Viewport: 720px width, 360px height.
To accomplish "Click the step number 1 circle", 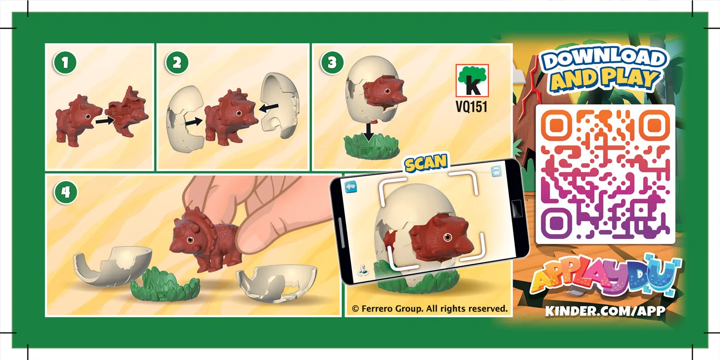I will pyautogui.click(x=65, y=63).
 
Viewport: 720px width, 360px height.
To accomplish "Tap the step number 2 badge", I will pyautogui.click(x=177, y=63).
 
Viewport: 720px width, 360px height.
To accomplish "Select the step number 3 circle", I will pyautogui.click(x=332, y=63).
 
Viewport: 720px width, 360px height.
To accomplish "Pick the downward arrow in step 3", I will pyautogui.click(x=368, y=131).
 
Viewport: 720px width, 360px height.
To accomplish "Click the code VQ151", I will pyautogui.click(x=471, y=107).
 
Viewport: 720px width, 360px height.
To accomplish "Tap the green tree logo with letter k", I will pyautogui.click(x=472, y=80).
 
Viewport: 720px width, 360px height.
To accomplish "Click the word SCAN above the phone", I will pyautogui.click(x=426, y=163).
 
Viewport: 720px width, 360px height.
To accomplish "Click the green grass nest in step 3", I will pyautogui.click(x=369, y=147).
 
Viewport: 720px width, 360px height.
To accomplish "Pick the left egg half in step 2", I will pyautogui.click(x=184, y=118).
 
